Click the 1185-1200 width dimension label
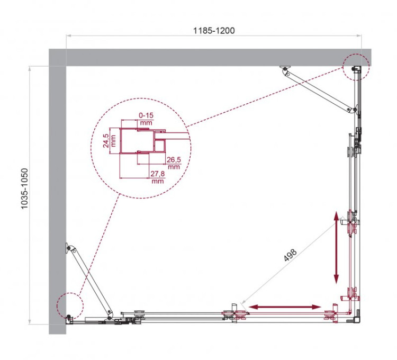tap(213, 31)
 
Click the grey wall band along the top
tap(212, 57)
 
